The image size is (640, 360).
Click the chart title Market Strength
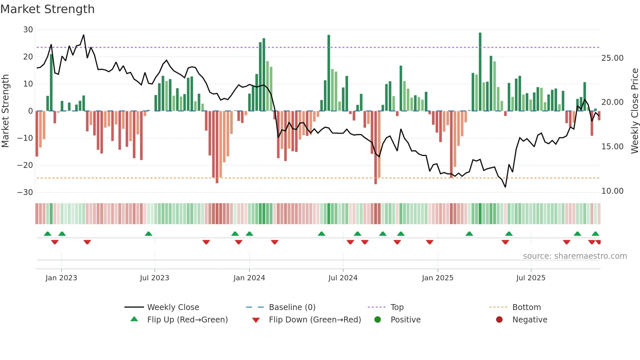47,9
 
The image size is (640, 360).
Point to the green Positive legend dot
378,319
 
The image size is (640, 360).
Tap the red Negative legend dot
499,319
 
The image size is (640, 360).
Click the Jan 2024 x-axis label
249,278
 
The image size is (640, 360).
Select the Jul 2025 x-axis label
531,278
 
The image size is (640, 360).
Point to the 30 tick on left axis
28,30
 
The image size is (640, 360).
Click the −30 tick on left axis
25,192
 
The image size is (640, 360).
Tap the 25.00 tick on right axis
612,58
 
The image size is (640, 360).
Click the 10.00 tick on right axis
612,191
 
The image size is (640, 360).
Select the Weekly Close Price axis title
634,111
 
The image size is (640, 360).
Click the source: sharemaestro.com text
575,256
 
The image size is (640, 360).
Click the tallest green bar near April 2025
480,72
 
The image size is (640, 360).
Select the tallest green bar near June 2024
329,74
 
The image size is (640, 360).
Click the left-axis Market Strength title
5,111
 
